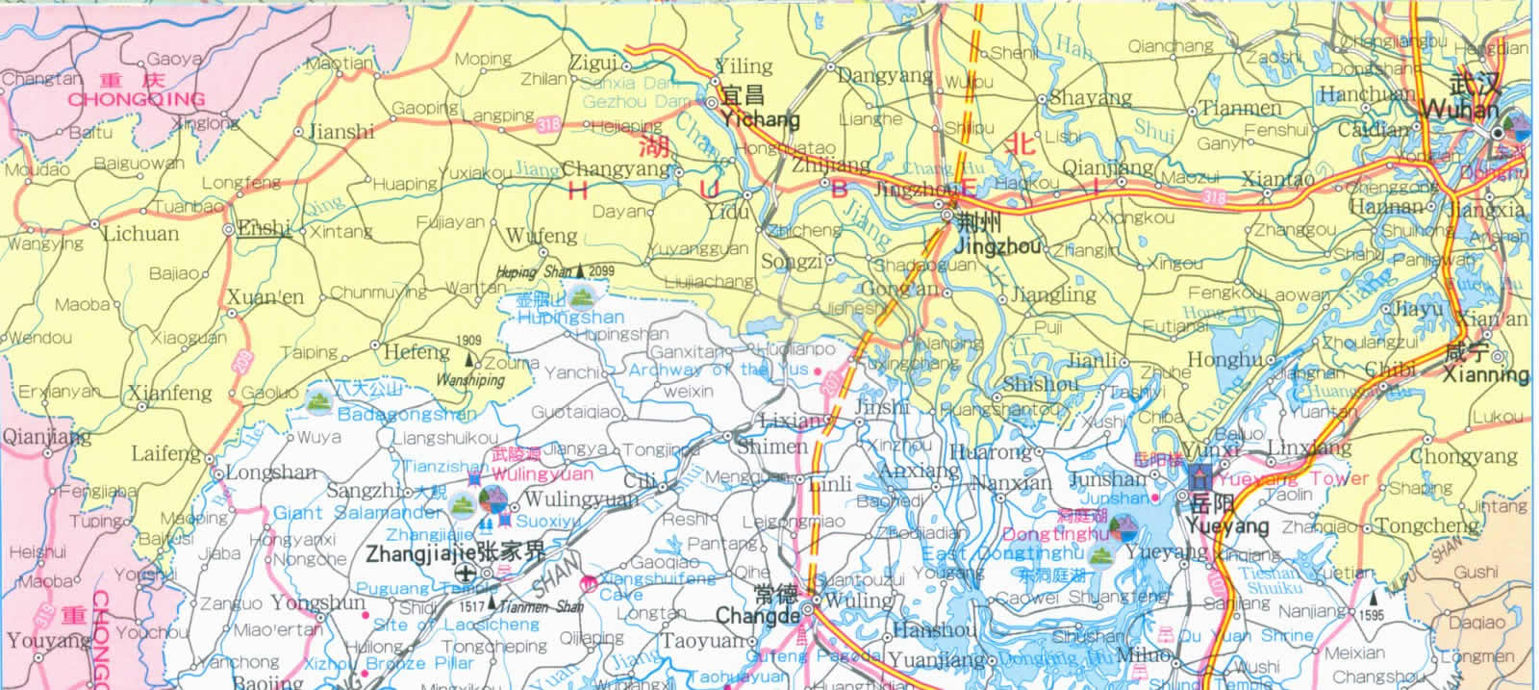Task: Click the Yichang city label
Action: coord(760,119)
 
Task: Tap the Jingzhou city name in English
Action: coord(999,247)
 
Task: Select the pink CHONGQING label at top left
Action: coord(136,99)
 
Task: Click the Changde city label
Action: coord(757,616)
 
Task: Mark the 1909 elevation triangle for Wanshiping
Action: coord(469,360)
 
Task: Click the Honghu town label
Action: coord(1224,360)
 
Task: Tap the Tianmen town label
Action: coord(1241,109)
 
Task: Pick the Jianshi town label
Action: coord(341,131)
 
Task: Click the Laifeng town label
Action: coord(165,452)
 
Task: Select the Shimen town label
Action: coord(772,447)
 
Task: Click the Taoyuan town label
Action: coord(702,640)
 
